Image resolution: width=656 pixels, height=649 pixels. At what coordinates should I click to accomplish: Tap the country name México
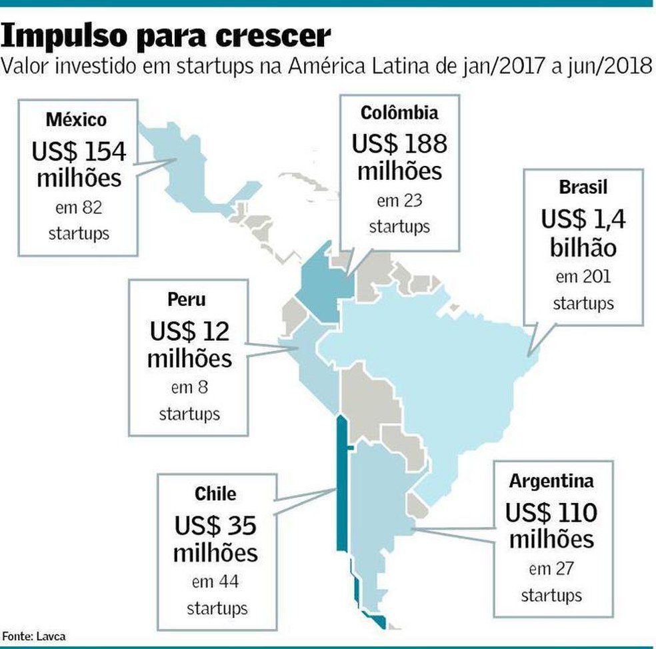(x=77, y=121)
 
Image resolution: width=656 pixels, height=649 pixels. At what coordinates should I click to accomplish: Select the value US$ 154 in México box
(x=79, y=152)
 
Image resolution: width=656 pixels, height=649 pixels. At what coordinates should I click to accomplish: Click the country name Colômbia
(x=399, y=113)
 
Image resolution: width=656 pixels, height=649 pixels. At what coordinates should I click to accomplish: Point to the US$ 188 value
(x=399, y=143)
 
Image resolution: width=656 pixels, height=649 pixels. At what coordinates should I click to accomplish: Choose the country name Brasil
(x=583, y=188)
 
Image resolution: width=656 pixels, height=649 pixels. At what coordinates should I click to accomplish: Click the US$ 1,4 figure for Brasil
(x=583, y=219)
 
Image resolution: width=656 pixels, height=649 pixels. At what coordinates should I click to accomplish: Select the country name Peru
(x=189, y=299)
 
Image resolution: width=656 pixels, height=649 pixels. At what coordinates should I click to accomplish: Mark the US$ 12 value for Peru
(x=189, y=330)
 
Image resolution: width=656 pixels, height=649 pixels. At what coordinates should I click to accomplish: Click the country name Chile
(x=215, y=494)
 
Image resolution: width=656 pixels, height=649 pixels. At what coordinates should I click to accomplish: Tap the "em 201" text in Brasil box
(x=583, y=276)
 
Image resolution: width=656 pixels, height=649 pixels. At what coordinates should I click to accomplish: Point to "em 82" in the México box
(x=79, y=208)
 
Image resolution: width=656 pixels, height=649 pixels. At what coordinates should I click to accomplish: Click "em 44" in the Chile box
(x=215, y=582)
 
